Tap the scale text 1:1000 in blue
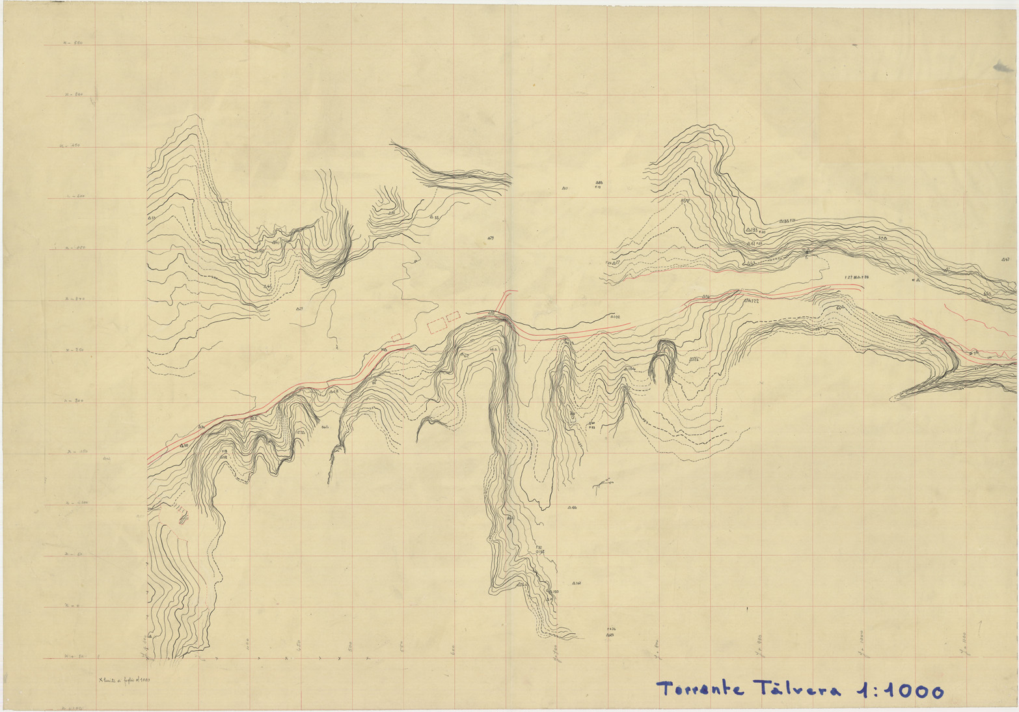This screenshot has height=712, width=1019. (x=901, y=691)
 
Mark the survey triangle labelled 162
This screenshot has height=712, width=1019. (x=575, y=583)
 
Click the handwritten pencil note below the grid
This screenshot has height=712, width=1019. (x=124, y=680)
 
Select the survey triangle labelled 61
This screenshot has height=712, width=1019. (x=749, y=243)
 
